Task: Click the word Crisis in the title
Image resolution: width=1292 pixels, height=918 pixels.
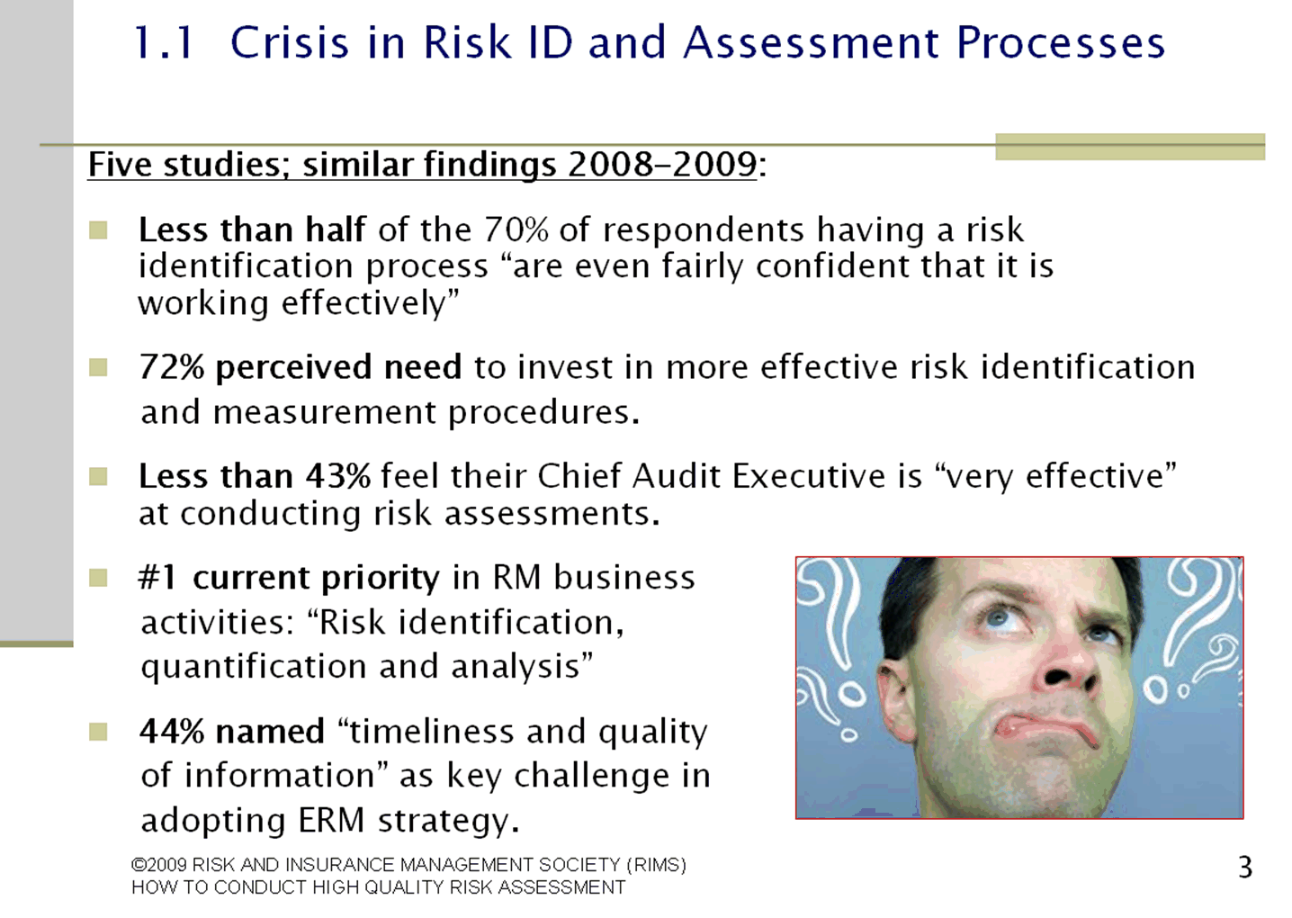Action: coord(290,42)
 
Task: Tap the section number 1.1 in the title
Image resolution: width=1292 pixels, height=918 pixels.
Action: coord(163,42)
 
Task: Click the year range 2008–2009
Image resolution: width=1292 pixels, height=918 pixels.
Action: coord(661,165)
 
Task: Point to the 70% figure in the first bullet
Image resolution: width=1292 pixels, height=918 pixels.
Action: coord(516,229)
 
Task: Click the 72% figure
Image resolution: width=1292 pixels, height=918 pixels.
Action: coord(172,367)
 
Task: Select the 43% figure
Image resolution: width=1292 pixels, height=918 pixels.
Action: coord(338,477)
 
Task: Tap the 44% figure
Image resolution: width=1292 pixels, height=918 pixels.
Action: coord(172,732)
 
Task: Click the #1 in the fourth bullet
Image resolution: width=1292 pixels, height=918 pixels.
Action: coord(157,578)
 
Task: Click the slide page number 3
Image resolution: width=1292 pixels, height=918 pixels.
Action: coord(1244,868)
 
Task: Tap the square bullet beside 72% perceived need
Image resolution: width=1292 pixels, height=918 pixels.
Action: coord(98,367)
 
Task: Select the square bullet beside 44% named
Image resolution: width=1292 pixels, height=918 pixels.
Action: coord(98,733)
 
